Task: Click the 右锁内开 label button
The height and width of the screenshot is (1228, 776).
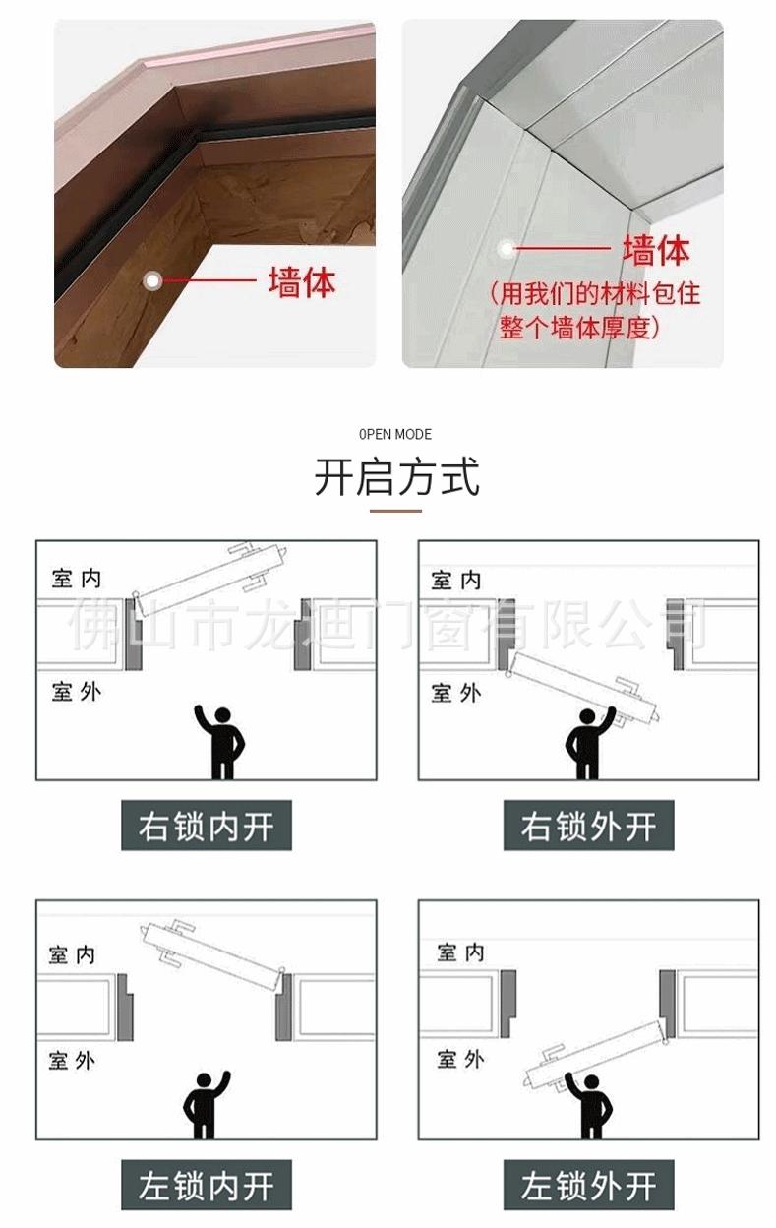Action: point(206,826)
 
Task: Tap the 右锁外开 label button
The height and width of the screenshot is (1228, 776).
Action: point(588,826)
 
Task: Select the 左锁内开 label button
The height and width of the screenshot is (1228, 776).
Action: point(206,1185)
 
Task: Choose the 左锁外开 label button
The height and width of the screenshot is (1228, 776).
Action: point(588,1185)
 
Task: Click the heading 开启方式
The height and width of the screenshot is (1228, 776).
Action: point(396,476)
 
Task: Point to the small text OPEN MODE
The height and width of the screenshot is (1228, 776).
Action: point(395,434)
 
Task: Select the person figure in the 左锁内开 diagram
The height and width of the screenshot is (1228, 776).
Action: point(207,1104)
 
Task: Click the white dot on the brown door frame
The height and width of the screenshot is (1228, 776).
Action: point(152,280)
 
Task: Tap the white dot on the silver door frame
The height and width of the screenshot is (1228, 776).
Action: point(507,249)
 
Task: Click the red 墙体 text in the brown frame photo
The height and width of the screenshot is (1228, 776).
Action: point(302,282)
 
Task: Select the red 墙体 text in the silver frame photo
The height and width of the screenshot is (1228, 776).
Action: point(655,250)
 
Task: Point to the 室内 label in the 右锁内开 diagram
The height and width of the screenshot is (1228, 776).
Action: point(76,577)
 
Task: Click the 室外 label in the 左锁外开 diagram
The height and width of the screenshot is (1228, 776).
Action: point(460,1059)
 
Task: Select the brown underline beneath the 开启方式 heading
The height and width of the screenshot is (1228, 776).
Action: point(395,511)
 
